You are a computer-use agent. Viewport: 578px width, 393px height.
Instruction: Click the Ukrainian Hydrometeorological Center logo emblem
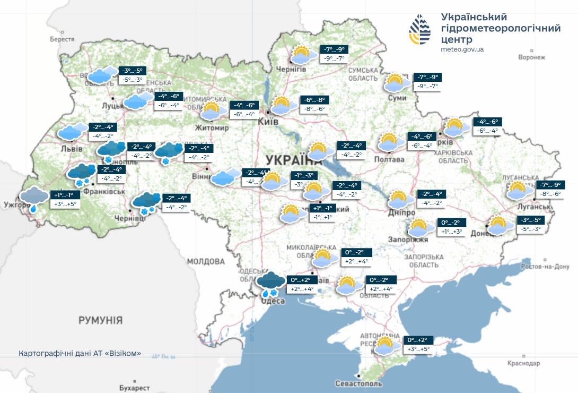[419, 30]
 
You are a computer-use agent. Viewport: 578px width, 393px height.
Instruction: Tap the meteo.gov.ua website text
[462, 49]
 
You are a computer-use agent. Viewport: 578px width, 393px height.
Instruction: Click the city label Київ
[268, 122]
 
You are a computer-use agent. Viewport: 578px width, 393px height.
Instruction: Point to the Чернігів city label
[292, 70]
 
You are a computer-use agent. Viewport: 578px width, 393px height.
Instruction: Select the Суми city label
[397, 98]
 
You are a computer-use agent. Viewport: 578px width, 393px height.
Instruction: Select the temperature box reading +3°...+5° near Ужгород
[65, 204]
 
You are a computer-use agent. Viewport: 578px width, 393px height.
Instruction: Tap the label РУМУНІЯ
[100, 320]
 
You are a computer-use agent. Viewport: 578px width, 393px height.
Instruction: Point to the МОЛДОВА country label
[206, 261]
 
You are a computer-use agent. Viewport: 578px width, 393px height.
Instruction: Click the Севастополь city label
[358, 383]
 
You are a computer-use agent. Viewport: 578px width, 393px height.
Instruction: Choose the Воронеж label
[531, 57]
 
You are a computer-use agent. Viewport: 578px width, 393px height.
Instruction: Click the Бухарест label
[135, 388]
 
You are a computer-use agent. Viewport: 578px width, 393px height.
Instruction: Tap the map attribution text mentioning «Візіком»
[80, 354]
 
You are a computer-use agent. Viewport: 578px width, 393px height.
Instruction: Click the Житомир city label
[212, 128]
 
